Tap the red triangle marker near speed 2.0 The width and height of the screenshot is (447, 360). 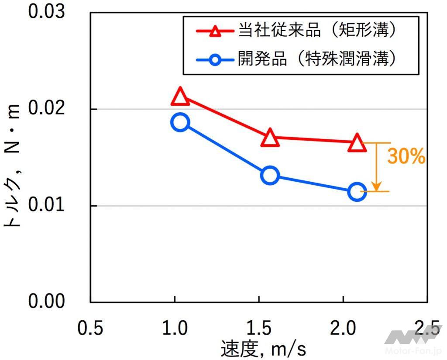pos(357,143)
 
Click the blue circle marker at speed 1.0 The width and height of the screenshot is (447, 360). pos(180,122)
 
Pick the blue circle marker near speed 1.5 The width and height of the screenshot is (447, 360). pos(270,176)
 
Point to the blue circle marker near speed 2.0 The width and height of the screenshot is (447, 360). pos(357,192)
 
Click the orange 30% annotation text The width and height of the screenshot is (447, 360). pos(406,157)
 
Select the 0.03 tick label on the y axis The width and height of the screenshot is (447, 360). pos(46,12)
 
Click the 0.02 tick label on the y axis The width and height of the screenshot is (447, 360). pos(46,109)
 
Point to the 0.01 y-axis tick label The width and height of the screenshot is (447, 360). pos(46,205)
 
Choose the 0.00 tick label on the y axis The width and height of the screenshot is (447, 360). pos(46,301)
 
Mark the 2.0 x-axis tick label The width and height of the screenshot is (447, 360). pos(345,328)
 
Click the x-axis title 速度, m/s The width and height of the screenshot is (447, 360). pos(263,348)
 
